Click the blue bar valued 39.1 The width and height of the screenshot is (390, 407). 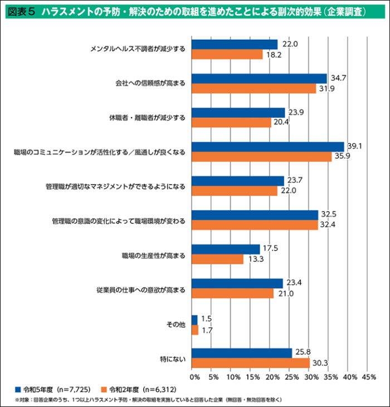point(267,147)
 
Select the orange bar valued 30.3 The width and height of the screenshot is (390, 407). point(250,363)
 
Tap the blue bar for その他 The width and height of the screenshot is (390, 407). point(194,319)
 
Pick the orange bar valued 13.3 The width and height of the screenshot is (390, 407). point(217,259)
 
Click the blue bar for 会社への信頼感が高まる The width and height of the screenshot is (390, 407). point(259,78)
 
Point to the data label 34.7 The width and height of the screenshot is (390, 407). point(339,78)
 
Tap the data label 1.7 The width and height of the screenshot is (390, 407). point(207,331)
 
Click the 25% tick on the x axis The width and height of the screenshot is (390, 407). point(290,377)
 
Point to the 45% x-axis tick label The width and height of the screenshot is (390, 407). point(368,377)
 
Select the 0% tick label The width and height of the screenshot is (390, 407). point(194,377)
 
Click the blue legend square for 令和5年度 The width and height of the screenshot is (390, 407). point(18,389)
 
